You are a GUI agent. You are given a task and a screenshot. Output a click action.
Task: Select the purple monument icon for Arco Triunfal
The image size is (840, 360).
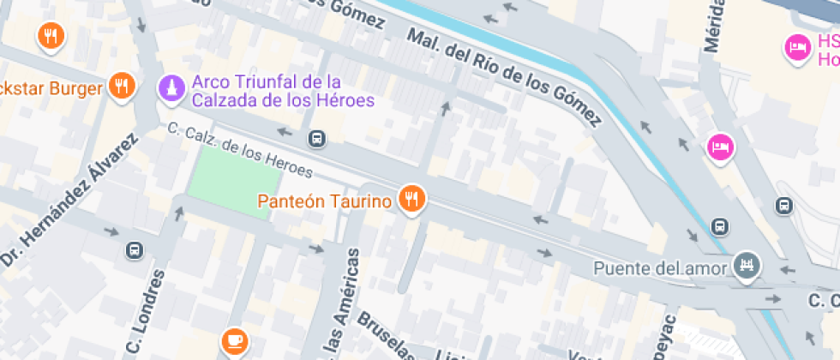[x=171, y=87]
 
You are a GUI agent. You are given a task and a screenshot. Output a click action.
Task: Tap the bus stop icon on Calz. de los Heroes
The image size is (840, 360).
[x=317, y=138]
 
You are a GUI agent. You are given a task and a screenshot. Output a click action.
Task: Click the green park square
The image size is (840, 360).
[x=234, y=181]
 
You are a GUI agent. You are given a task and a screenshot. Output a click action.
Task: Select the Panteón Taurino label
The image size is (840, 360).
[x=325, y=202]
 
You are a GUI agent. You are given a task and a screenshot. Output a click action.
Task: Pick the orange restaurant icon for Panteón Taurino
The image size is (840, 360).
[x=413, y=200]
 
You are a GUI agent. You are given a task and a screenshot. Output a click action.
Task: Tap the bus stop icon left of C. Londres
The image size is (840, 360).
[x=134, y=250]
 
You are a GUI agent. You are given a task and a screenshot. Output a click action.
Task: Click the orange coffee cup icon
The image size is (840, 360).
[x=232, y=340]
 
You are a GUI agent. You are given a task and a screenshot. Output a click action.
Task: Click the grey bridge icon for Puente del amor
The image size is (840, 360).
[x=747, y=267]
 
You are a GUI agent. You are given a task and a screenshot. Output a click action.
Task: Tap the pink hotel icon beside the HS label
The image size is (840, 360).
[x=797, y=47]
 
